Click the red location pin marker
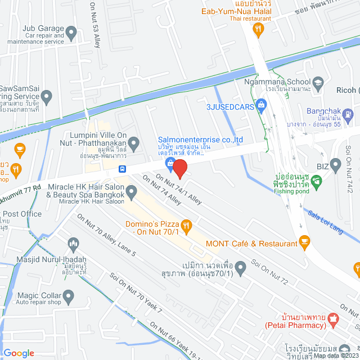tap(179, 169)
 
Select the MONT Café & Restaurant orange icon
tap(305, 243)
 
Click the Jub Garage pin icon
tap(71, 33)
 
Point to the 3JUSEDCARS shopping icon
tap(261, 105)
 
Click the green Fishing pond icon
tap(317, 181)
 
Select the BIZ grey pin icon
tap(336, 165)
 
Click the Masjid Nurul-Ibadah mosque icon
tap(72, 244)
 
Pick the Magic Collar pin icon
tap(69, 295)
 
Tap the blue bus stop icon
tap(122, 168)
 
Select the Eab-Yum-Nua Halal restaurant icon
tap(259, 31)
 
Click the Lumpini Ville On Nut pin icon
tap(134, 146)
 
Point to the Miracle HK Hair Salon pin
tap(131, 193)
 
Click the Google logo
tap(19, 353)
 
